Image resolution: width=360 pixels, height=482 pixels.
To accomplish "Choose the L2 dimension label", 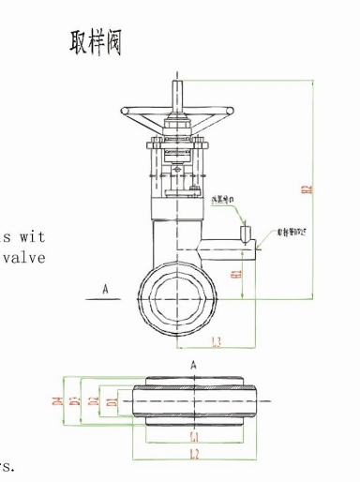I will click(x=193, y=453).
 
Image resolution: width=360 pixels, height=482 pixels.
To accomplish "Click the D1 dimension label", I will click(x=111, y=401).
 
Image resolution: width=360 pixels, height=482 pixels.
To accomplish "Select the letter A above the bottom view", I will click(x=192, y=364).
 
